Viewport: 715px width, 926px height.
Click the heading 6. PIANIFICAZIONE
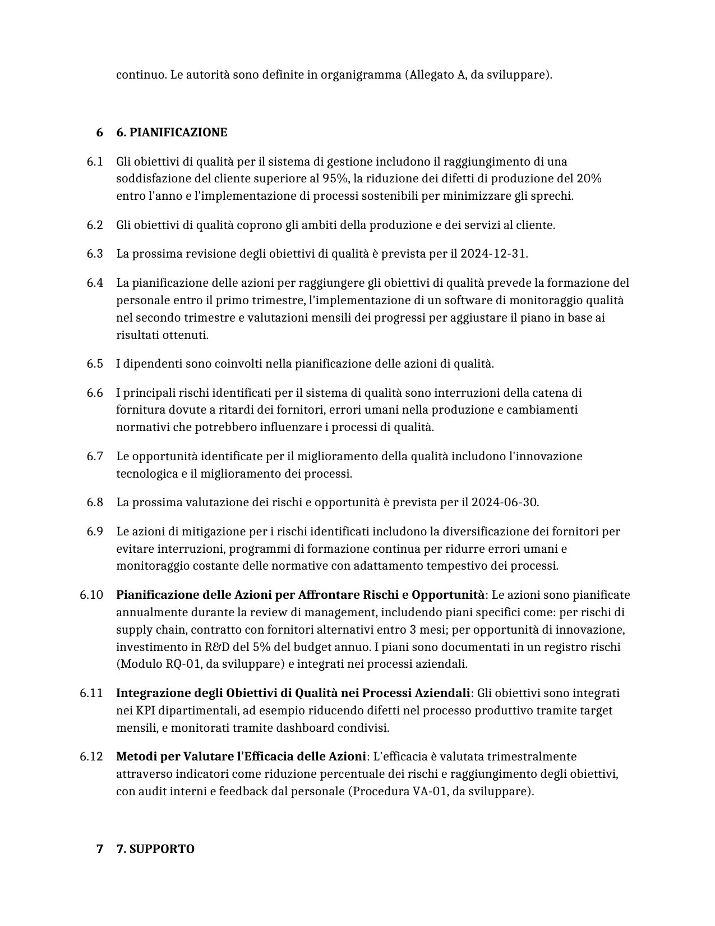[x=171, y=132]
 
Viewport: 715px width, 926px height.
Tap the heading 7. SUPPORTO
[x=155, y=849]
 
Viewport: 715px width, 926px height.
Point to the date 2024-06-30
[x=504, y=502]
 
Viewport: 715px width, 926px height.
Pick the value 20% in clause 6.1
[x=589, y=178]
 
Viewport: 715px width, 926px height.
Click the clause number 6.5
[x=95, y=364]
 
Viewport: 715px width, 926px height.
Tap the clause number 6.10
[x=91, y=595]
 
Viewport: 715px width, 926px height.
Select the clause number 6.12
[x=91, y=757]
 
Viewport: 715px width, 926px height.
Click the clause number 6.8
[x=95, y=502]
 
